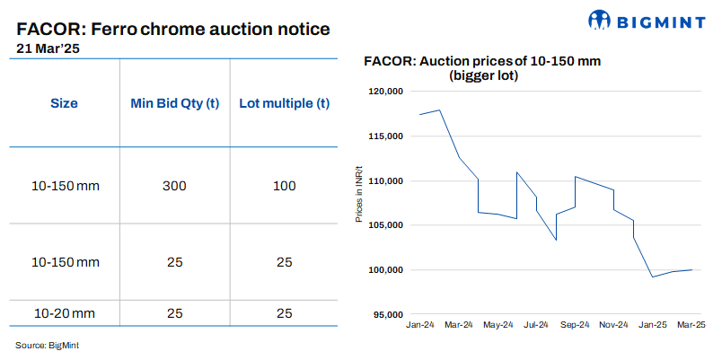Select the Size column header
pyautogui.click(x=63, y=103)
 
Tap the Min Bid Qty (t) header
pyautogui.click(x=175, y=103)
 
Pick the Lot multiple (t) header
pyautogui.click(x=285, y=103)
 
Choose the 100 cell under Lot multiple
pyautogui.click(x=285, y=186)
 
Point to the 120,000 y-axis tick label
pyautogui.click(x=386, y=92)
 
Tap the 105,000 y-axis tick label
pyautogui.click(x=386, y=225)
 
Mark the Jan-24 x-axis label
pyautogui.click(x=420, y=324)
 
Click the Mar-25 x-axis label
pyautogui.click(x=691, y=324)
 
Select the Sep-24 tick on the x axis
pyautogui.click(x=575, y=324)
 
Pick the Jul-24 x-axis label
pyautogui.click(x=536, y=324)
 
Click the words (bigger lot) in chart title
pyautogui.click(x=483, y=76)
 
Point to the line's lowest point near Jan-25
pyautogui.click(x=652, y=277)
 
